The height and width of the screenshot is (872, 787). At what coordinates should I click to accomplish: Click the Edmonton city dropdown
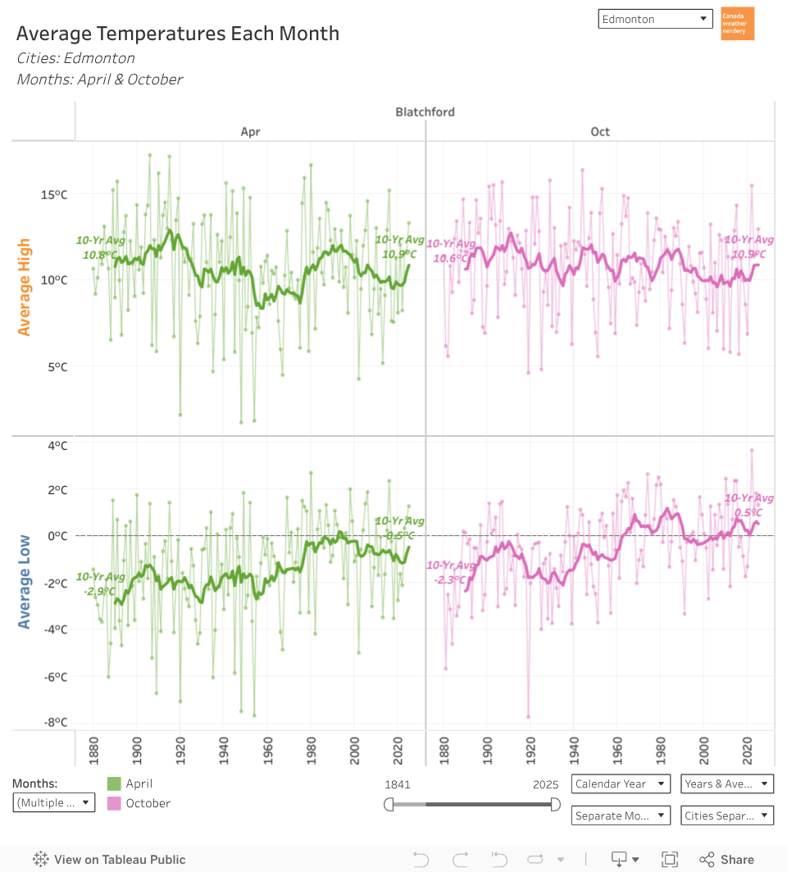(x=655, y=19)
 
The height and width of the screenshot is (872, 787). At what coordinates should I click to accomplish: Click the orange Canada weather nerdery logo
(x=737, y=24)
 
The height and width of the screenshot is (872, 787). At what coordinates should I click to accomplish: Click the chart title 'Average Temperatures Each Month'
(x=178, y=34)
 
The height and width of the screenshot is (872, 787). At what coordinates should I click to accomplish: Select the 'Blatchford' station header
(x=425, y=111)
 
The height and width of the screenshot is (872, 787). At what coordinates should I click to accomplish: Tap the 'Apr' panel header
(x=250, y=132)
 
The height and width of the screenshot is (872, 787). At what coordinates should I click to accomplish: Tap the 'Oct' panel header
(x=600, y=132)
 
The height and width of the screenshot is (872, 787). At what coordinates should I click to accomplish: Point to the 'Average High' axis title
(x=25, y=287)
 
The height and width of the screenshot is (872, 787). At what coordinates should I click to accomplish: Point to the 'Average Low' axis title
(x=25, y=582)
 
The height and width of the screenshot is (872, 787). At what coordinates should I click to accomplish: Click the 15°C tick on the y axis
(x=53, y=194)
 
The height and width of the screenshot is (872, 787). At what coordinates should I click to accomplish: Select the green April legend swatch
(x=115, y=783)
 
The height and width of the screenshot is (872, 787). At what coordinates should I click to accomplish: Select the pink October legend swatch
(x=115, y=803)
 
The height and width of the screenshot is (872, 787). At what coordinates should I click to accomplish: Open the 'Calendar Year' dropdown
(x=621, y=783)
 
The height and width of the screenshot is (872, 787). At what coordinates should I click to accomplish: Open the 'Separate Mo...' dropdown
(x=621, y=815)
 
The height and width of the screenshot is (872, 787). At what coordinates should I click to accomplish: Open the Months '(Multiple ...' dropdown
(x=54, y=802)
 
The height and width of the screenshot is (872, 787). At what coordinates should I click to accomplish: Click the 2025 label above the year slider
(x=545, y=784)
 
